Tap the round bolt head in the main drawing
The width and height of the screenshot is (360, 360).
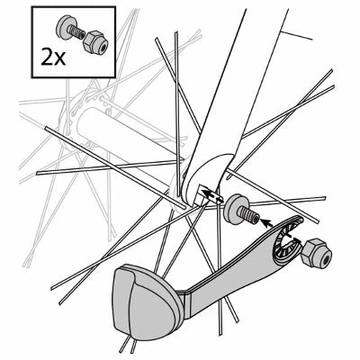tap(238, 206)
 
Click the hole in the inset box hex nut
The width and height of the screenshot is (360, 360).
tap(94, 42)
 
